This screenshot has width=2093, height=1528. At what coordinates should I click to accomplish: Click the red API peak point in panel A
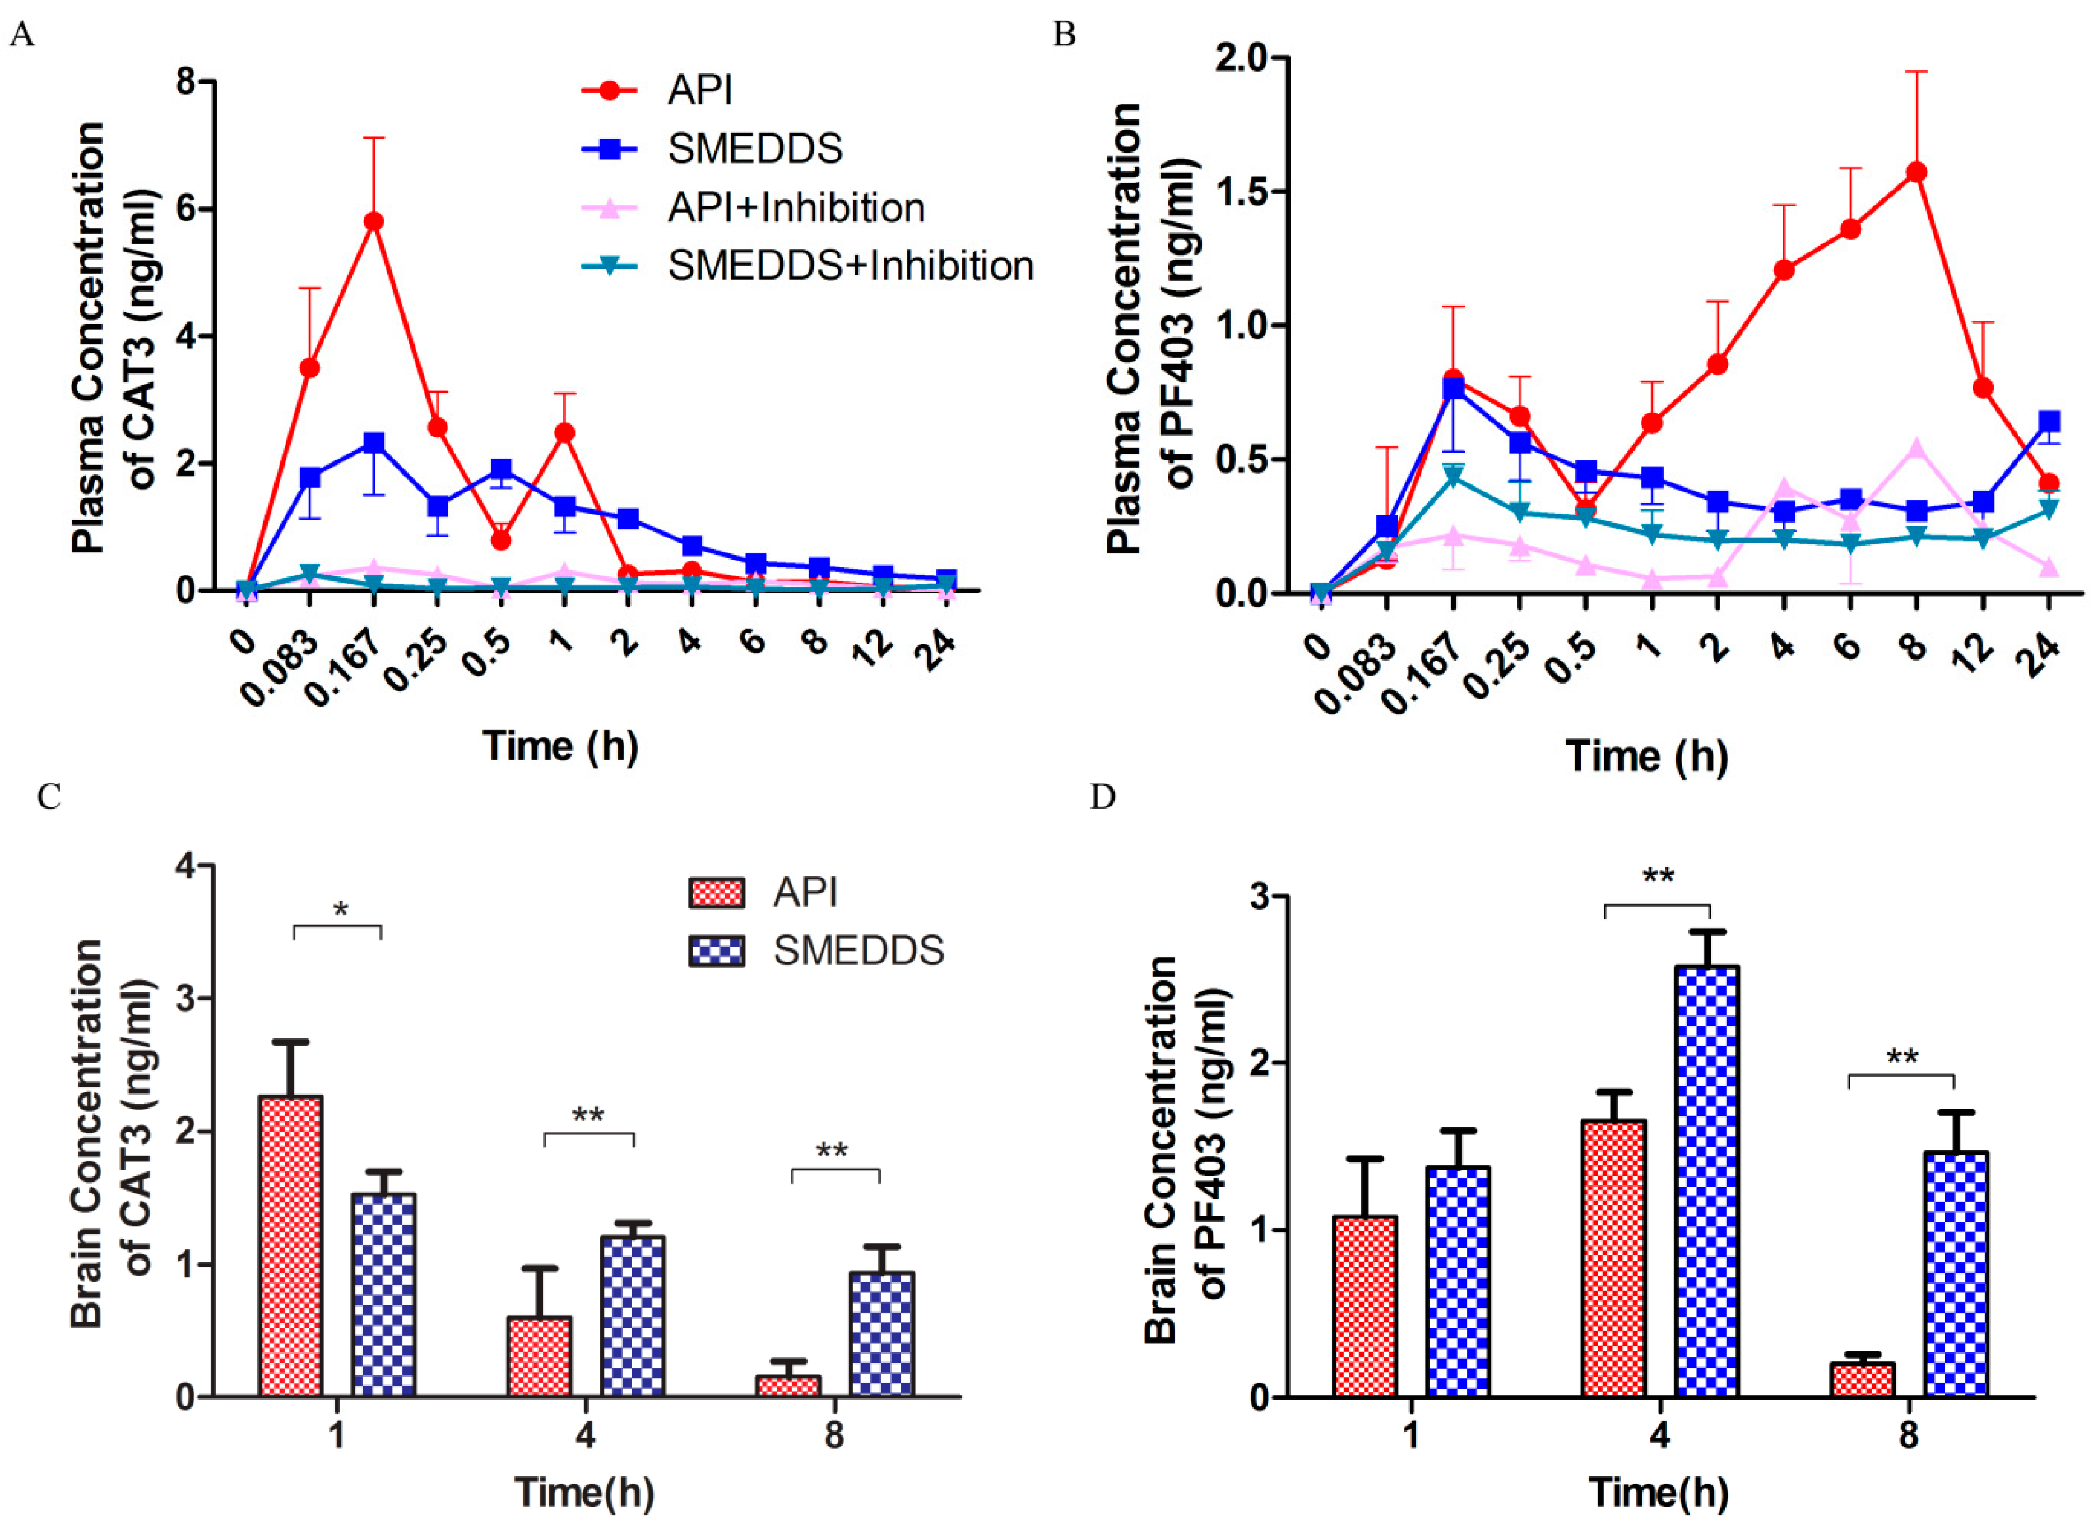click(373, 222)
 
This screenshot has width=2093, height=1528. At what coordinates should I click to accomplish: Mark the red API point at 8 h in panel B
click(1916, 172)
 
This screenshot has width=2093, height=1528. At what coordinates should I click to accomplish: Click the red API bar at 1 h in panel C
click(290, 1245)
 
